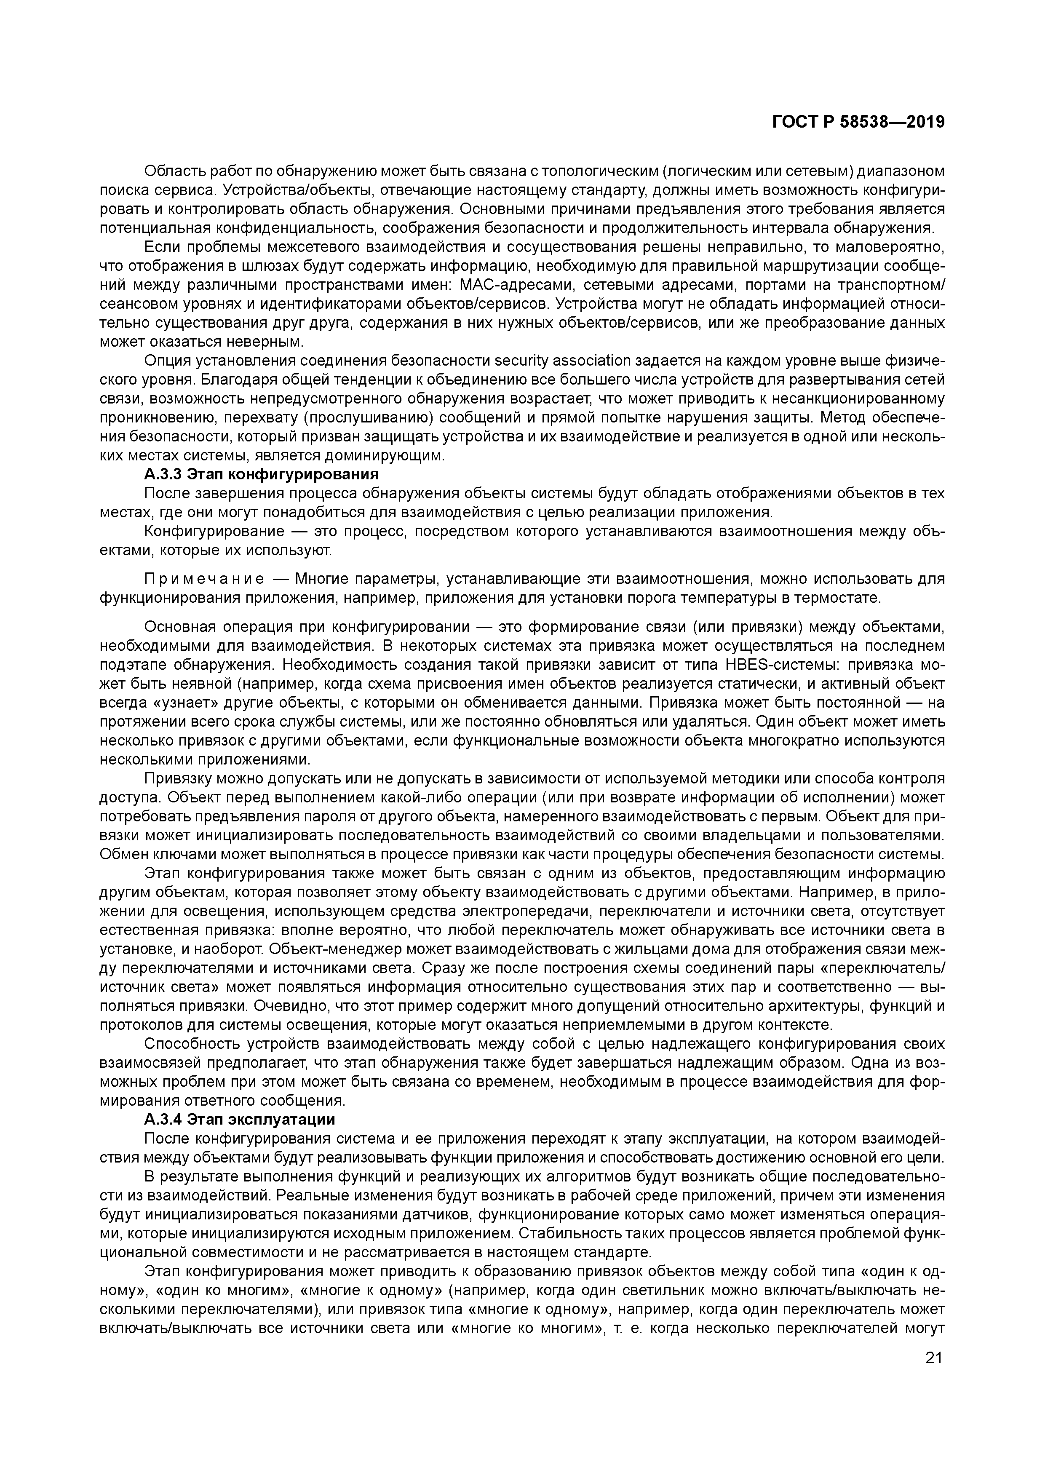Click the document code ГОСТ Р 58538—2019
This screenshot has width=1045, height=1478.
pos(858,122)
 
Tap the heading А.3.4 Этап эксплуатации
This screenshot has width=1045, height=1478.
pos(240,1119)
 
